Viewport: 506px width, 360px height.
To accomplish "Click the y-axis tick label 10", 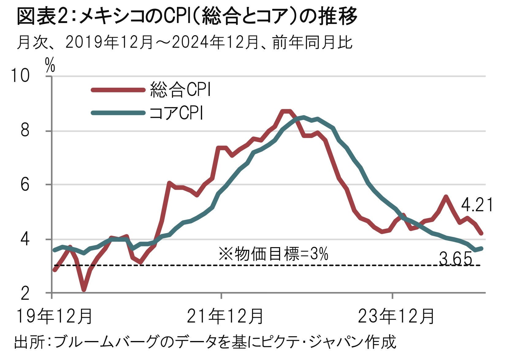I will [x=20, y=75].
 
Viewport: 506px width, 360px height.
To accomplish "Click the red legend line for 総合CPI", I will [x=118, y=90].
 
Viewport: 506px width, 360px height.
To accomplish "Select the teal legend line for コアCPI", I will [x=118, y=113].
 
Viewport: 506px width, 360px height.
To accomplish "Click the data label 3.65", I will [x=455, y=259].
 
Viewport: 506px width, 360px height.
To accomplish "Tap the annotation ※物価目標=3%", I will [x=273, y=254].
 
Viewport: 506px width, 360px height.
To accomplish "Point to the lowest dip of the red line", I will [x=83, y=289].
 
